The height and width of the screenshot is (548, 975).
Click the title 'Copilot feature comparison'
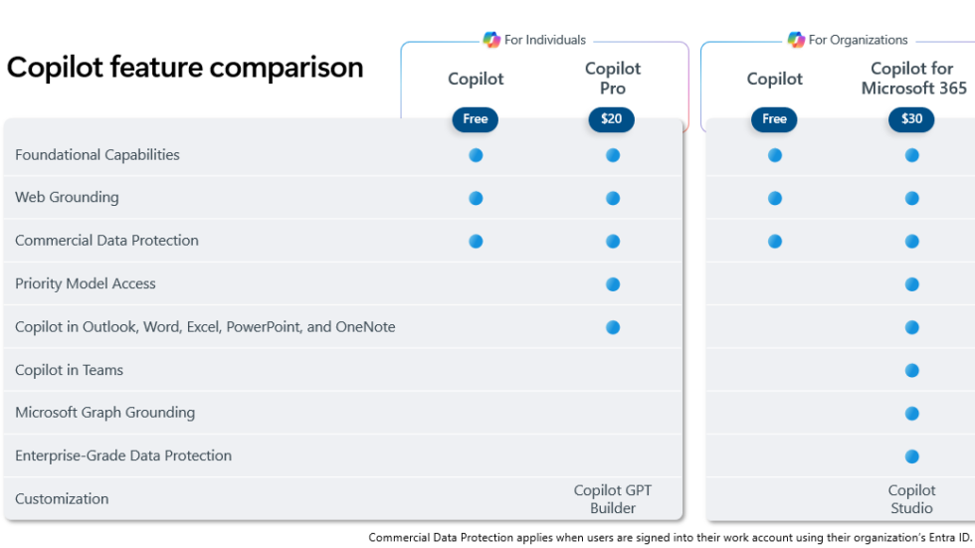185,68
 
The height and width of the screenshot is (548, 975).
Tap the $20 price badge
611,119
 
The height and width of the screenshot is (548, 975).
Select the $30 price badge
911,119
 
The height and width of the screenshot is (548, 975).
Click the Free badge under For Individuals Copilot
476,119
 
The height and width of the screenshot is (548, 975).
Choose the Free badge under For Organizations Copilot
774,119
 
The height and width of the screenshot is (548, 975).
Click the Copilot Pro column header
613,79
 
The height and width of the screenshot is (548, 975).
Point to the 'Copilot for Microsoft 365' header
913,79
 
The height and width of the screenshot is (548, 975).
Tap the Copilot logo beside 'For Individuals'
491,40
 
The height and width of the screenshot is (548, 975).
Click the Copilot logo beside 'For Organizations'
795,40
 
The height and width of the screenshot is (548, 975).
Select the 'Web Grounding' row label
67,197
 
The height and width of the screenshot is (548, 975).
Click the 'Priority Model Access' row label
86,283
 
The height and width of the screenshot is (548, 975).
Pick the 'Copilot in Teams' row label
70,370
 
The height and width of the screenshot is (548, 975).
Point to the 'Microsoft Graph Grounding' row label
105,413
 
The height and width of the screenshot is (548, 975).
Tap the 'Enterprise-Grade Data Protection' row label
123,456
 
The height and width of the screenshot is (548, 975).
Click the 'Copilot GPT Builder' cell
613,499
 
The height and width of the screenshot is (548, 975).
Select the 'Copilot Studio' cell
911,499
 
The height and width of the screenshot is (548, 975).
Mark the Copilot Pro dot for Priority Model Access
613,284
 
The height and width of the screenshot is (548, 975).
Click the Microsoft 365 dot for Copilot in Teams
912,371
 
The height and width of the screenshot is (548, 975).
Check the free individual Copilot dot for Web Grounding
476,198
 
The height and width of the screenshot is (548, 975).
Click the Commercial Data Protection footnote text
670,538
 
